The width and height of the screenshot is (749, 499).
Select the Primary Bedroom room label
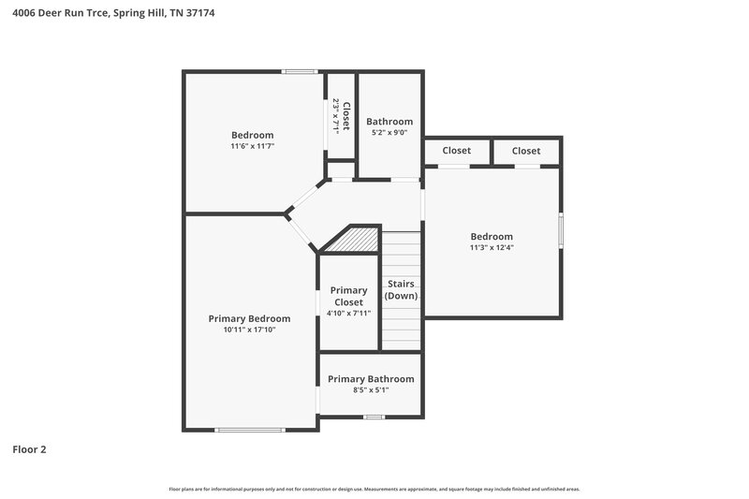tap(249, 318)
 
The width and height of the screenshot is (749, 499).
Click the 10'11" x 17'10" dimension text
tap(249, 330)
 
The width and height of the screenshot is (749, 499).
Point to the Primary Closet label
tap(349, 296)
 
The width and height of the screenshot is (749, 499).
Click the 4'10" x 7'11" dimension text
tap(349, 313)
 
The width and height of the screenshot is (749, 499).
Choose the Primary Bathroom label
tap(370, 379)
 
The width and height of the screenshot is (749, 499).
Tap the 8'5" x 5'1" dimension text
tap(370, 390)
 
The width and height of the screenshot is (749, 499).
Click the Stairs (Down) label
tap(401, 289)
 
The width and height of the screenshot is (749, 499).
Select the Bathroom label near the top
tap(389, 122)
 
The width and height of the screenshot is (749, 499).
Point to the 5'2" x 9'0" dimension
tap(389, 133)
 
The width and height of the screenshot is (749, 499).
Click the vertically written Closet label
tap(345, 116)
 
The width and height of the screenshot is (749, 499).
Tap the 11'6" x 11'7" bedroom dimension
tap(253, 146)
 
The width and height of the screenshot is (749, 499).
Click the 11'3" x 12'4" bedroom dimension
tap(492, 248)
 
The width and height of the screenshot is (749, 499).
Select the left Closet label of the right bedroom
tap(457, 151)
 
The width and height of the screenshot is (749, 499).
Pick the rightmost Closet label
tap(526, 151)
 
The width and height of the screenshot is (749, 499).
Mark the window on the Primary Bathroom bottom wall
tap(374, 417)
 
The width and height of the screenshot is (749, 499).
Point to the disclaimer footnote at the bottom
tap(374, 489)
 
